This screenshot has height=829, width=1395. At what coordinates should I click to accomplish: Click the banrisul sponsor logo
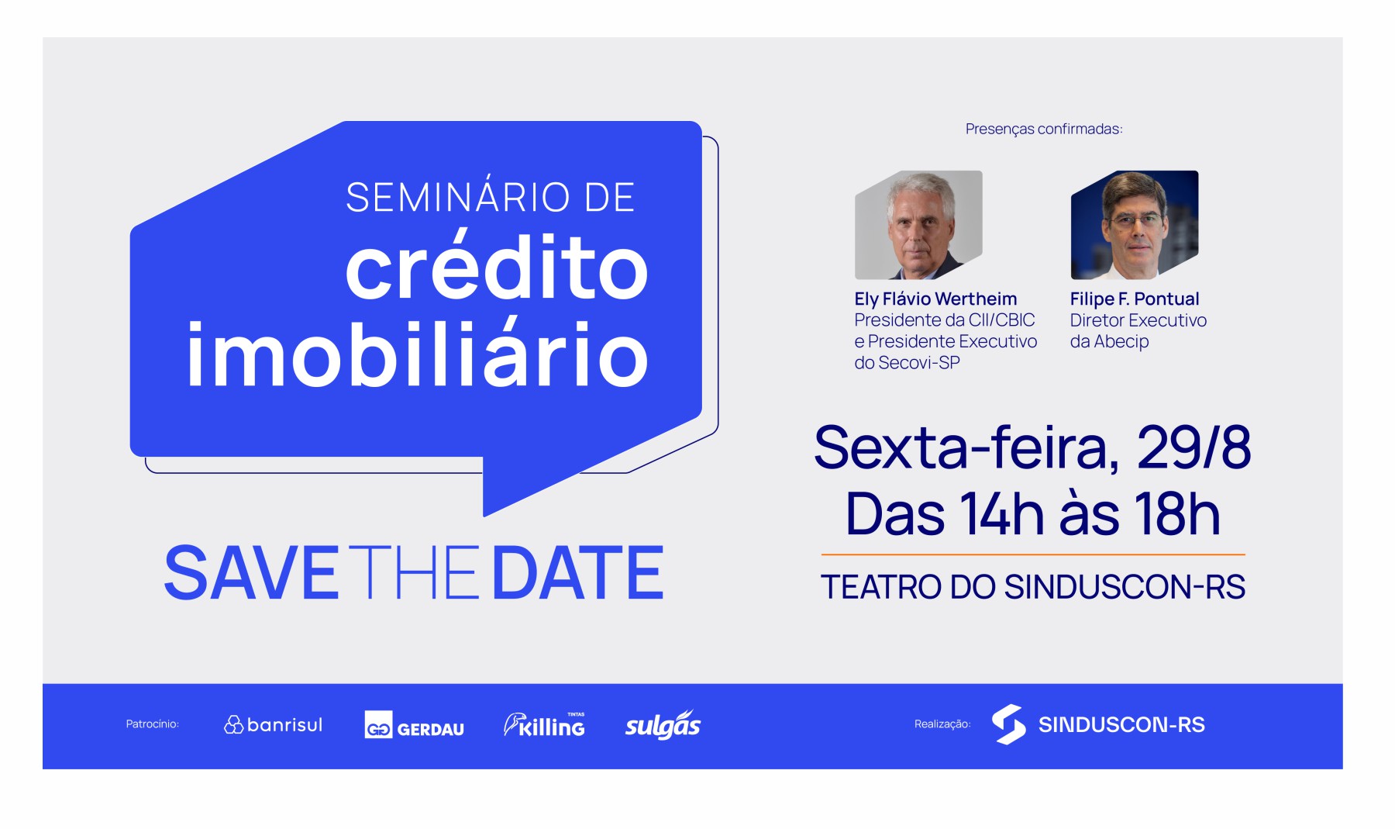tap(273, 724)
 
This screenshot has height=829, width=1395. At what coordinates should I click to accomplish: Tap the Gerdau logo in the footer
tap(415, 725)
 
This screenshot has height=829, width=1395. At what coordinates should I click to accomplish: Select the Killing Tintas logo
tap(544, 724)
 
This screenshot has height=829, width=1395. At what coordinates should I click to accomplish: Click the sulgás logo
tap(663, 725)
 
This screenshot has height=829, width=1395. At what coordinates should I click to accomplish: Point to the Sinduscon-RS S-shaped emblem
tap(1008, 724)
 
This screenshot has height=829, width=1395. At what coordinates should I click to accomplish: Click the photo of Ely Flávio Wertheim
tap(918, 225)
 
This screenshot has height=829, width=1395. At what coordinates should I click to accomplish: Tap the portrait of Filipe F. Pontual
tap(1135, 225)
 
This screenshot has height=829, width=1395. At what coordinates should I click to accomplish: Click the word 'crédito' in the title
tap(496, 266)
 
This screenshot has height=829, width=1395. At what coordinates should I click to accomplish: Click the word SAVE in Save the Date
tap(251, 573)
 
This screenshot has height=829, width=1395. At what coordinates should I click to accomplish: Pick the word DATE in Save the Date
tap(578, 573)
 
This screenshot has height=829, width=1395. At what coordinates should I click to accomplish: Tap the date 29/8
tap(1193, 447)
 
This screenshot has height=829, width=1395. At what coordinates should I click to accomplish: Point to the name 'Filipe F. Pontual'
tap(1135, 299)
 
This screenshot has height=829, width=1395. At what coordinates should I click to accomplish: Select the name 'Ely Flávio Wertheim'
tap(935, 299)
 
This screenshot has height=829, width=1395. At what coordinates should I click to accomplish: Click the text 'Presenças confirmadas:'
tap(1044, 129)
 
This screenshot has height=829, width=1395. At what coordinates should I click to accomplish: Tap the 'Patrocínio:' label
tap(152, 724)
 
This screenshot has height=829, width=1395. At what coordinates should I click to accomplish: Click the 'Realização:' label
tap(942, 724)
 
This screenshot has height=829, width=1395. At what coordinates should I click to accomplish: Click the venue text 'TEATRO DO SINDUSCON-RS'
tap(1033, 587)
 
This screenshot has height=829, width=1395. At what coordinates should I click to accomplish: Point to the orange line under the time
tap(1033, 554)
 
